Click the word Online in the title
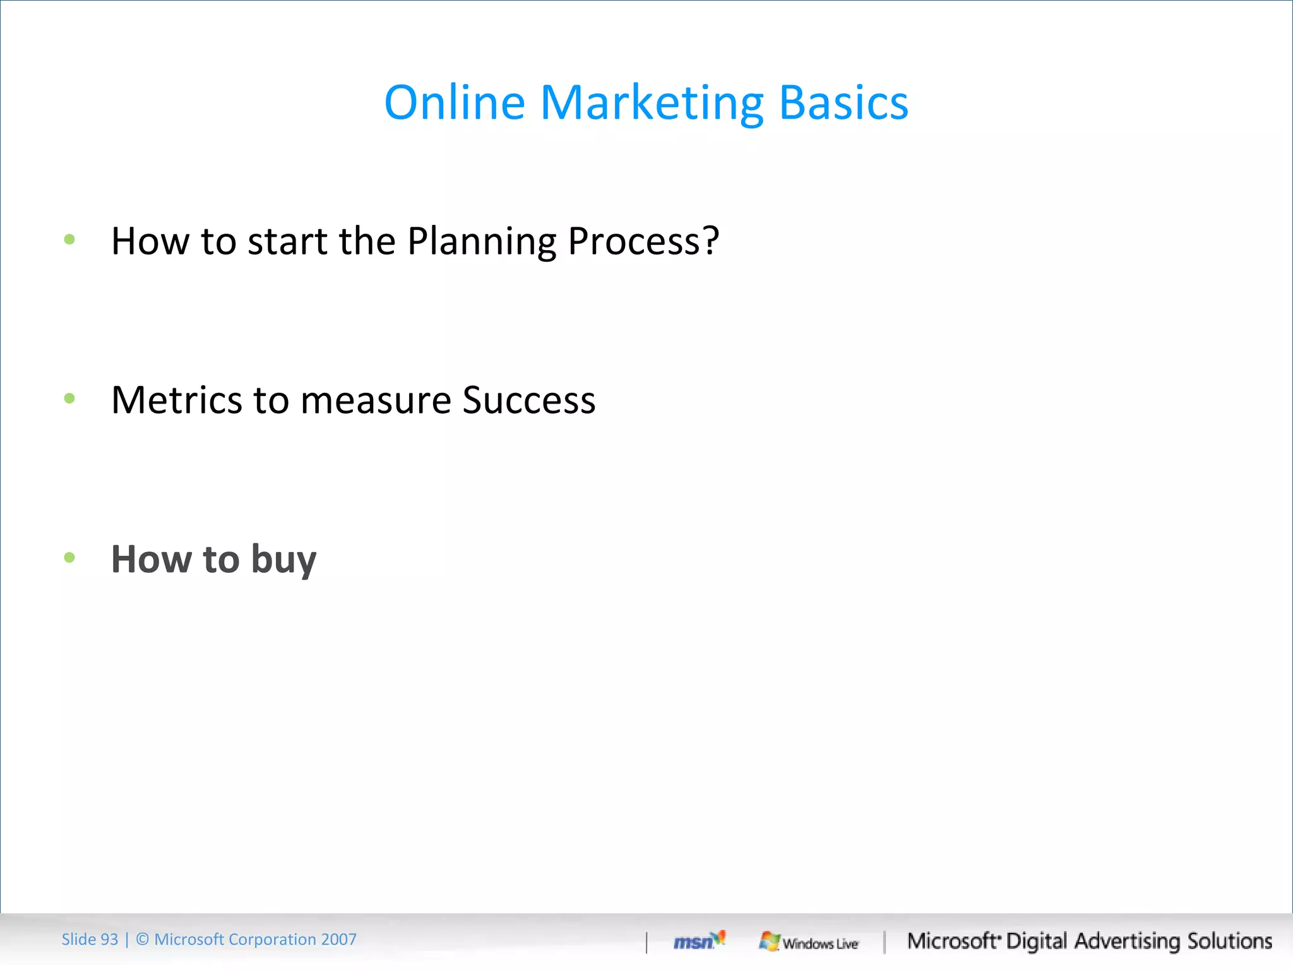(x=455, y=102)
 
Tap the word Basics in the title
(x=843, y=102)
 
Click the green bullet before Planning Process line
(x=69, y=239)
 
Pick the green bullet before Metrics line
(x=69, y=398)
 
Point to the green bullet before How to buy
(x=69, y=557)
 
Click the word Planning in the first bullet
(x=482, y=242)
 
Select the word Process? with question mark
(x=643, y=242)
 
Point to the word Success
(x=528, y=400)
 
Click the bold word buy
(x=283, y=561)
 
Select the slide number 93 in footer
(x=109, y=940)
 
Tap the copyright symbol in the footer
(x=143, y=940)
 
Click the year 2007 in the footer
(x=338, y=940)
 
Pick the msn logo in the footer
(x=698, y=941)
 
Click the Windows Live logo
(x=809, y=942)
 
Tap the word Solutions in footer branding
(x=1229, y=941)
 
